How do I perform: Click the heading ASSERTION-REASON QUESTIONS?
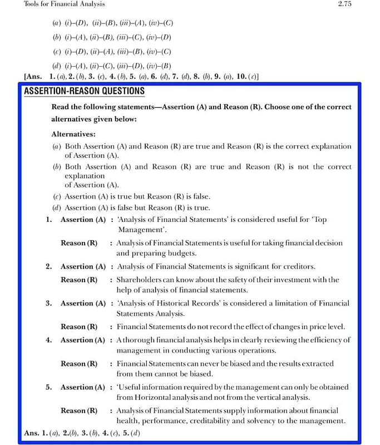tap(85, 91)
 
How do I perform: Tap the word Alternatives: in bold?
tap(73, 134)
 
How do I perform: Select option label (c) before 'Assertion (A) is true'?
tap(57, 196)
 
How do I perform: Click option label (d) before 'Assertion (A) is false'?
tap(57, 207)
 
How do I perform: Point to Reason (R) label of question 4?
tap(79, 364)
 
